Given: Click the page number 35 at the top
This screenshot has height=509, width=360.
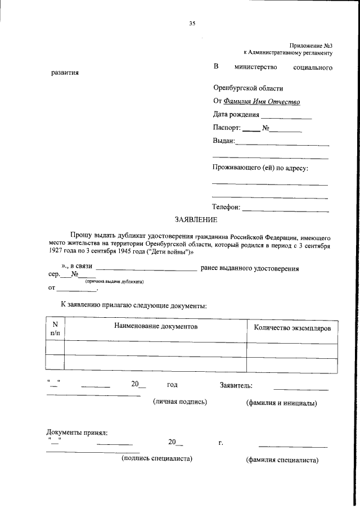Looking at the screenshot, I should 192,23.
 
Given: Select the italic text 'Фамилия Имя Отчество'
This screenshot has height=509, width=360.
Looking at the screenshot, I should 262,102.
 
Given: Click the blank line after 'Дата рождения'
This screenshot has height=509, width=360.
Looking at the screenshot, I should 286,117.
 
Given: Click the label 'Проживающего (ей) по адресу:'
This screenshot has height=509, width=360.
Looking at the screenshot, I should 261,168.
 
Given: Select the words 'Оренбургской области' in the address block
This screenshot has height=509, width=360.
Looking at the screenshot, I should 248,88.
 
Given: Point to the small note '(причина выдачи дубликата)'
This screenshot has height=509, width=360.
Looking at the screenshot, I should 115,281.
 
